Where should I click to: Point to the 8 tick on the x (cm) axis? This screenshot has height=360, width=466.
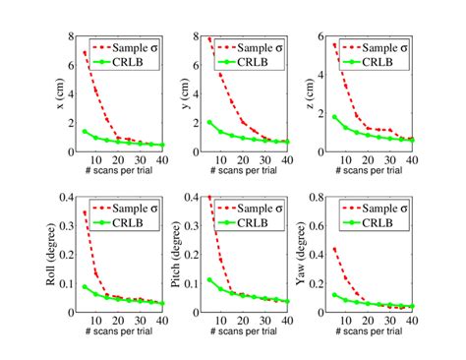click(x=71, y=36)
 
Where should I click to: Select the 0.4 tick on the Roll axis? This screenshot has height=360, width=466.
click(x=67, y=197)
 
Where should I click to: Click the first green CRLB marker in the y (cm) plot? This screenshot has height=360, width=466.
click(x=209, y=123)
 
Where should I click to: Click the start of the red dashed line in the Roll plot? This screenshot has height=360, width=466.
click(x=85, y=211)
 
